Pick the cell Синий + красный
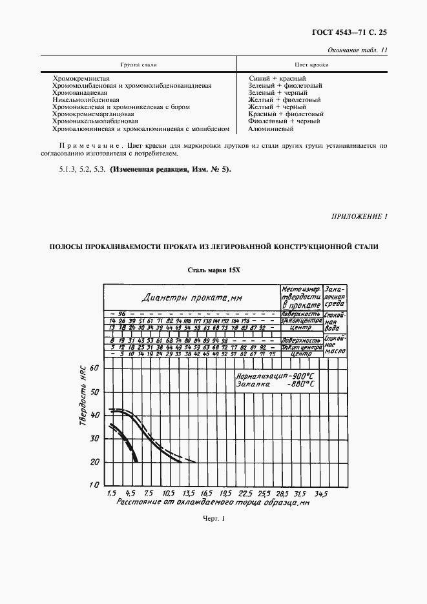[272, 78]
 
